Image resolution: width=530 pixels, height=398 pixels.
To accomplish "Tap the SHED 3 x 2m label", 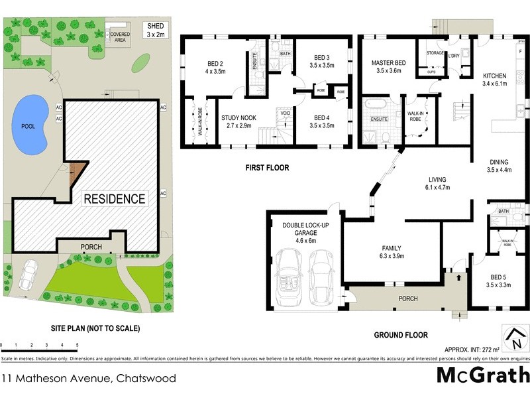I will (157, 30).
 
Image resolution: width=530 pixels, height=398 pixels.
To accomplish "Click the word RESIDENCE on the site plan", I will (113, 198).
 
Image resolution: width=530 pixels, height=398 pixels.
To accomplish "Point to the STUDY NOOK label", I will (238, 121).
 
